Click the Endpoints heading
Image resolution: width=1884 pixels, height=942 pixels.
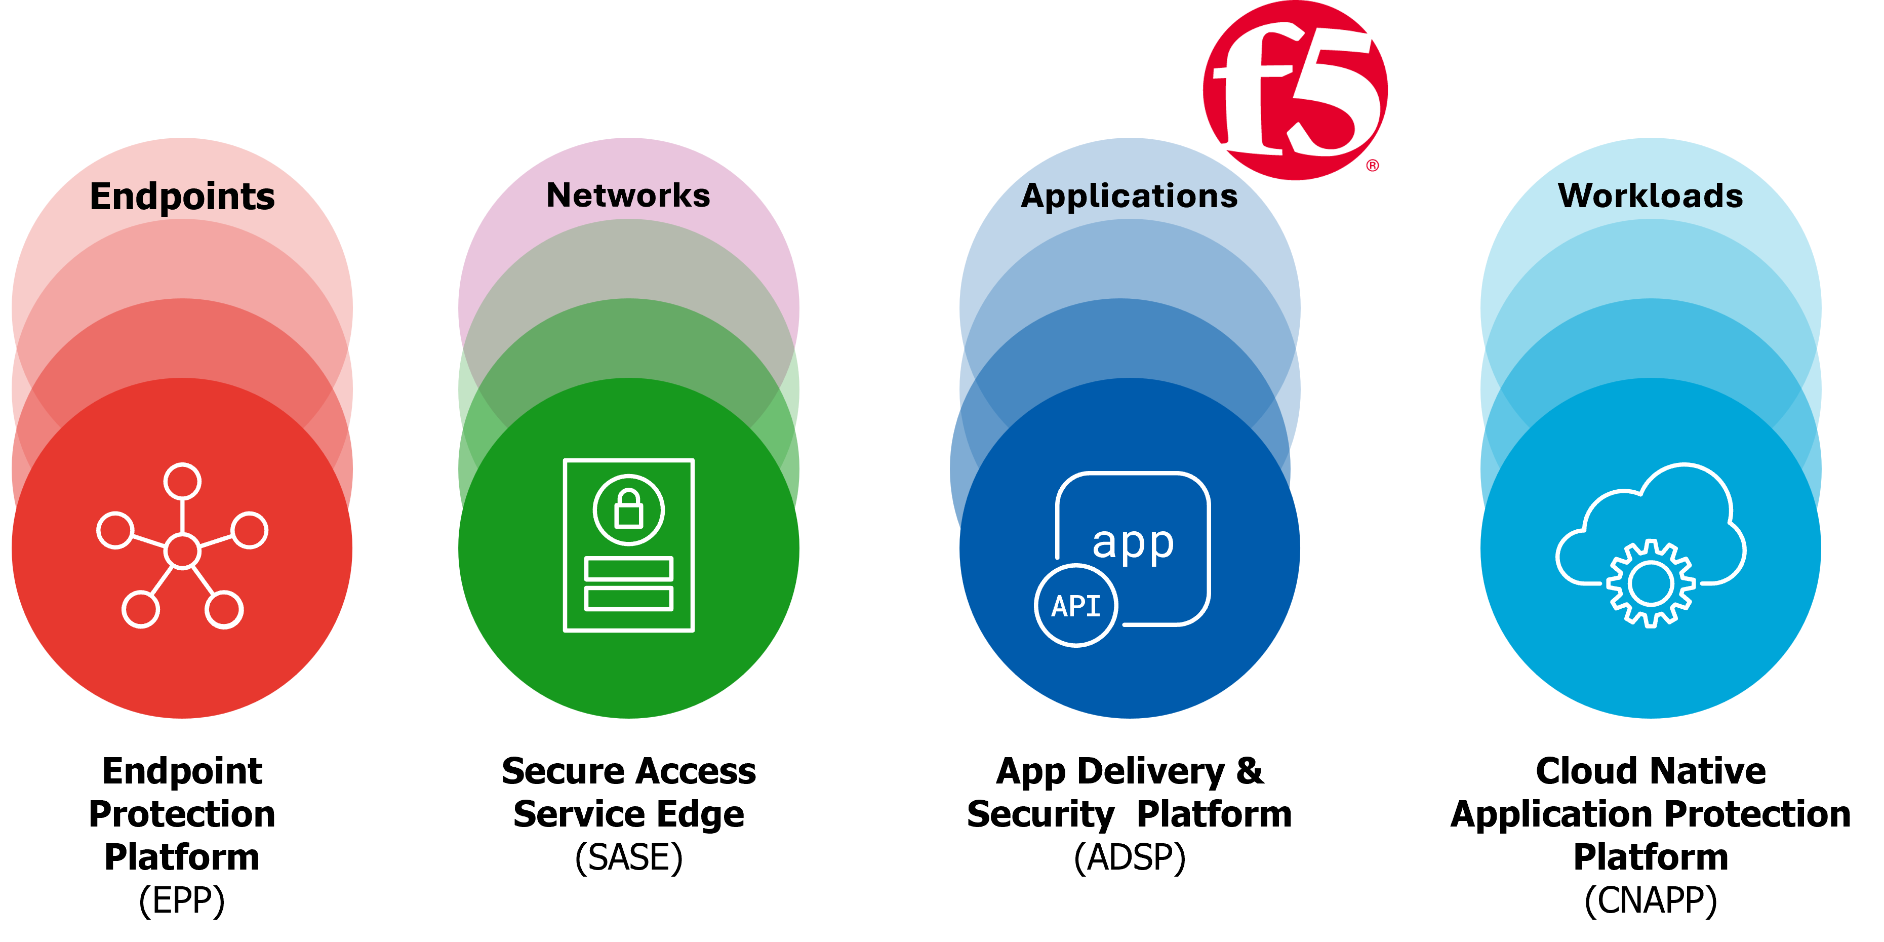pyautogui.click(x=182, y=196)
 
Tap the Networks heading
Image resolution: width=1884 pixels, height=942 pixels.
pyautogui.click(x=628, y=195)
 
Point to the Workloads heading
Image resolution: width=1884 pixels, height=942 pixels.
pyautogui.click(x=1651, y=196)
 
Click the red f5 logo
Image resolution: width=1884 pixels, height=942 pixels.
pyautogui.click(x=1295, y=89)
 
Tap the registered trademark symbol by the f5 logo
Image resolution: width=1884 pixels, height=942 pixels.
pyautogui.click(x=1373, y=166)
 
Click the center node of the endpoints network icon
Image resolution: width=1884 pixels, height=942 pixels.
pyautogui.click(x=182, y=551)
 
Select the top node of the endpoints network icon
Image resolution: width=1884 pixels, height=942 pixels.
pyautogui.click(x=182, y=481)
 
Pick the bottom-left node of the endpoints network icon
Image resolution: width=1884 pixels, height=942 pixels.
pyautogui.click(x=140, y=609)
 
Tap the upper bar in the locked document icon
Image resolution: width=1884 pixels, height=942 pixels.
pyautogui.click(x=628, y=568)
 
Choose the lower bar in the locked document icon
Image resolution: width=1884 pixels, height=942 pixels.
pyautogui.click(x=628, y=598)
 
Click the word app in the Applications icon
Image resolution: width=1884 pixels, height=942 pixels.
pyautogui.click(x=1133, y=543)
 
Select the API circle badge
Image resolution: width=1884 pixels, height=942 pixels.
pyautogui.click(x=1076, y=606)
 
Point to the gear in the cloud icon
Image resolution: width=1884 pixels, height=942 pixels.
pyautogui.click(x=1651, y=583)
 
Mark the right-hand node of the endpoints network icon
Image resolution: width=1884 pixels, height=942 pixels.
pyautogui.click(x=250, y=530)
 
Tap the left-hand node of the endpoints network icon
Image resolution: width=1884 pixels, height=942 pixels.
pyautogui.click(x=115, y=530)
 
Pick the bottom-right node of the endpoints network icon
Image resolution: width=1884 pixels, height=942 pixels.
pyautogui.click(x=224, y=609)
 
